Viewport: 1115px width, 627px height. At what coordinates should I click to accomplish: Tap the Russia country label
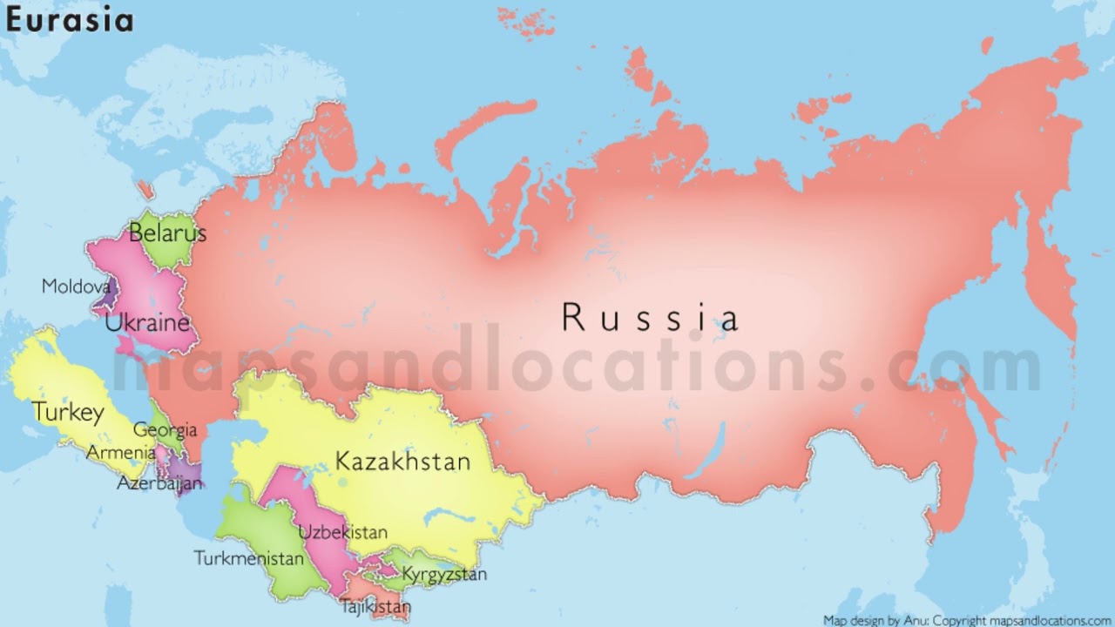point(650,318)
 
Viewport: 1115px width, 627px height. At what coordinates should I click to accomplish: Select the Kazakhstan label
point(402,462)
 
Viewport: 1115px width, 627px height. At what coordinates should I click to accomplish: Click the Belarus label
point(167,233)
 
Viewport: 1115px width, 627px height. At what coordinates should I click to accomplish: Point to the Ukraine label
point(147,323)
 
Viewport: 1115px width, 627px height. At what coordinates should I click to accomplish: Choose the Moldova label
point(76,286)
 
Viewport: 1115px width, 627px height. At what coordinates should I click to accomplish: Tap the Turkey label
point(68,412)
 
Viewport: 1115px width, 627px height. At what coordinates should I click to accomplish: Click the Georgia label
point(165,429)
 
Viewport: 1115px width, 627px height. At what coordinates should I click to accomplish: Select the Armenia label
point(121,453)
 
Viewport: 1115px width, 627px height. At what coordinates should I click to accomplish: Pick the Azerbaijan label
point(159,482)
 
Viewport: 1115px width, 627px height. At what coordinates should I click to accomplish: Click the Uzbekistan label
point(343,532)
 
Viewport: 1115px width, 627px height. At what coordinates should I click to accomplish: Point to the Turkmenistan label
point(248,558)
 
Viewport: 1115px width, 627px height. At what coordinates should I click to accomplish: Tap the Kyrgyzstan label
point(444,575)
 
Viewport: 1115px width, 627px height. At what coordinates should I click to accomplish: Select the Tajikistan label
point(375,605)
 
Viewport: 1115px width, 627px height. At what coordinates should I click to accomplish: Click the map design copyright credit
point(968,621)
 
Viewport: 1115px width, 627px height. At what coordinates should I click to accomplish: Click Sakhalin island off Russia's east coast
point(984,409)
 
